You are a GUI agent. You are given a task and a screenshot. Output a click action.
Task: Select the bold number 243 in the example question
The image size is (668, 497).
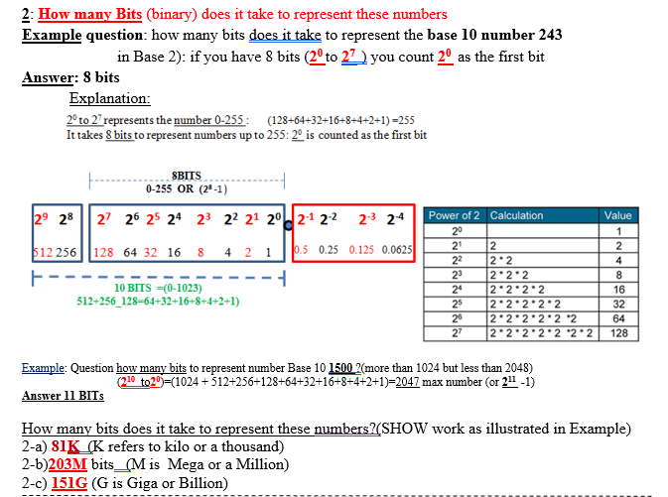548,34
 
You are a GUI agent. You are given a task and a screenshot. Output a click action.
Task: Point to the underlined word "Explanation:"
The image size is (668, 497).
109,99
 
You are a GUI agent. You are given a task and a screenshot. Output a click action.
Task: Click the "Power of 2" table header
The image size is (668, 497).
454,215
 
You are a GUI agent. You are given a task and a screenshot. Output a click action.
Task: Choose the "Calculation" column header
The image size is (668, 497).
517,215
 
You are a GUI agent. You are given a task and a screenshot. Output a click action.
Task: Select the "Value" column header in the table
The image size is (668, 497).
617,215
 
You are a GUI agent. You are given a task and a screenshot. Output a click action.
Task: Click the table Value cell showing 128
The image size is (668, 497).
617,333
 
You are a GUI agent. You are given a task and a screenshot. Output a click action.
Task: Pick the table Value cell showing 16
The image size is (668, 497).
617,289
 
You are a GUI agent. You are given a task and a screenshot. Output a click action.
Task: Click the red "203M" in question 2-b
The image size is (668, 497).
68,464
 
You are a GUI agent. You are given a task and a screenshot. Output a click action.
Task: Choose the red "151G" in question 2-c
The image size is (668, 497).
67,482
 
